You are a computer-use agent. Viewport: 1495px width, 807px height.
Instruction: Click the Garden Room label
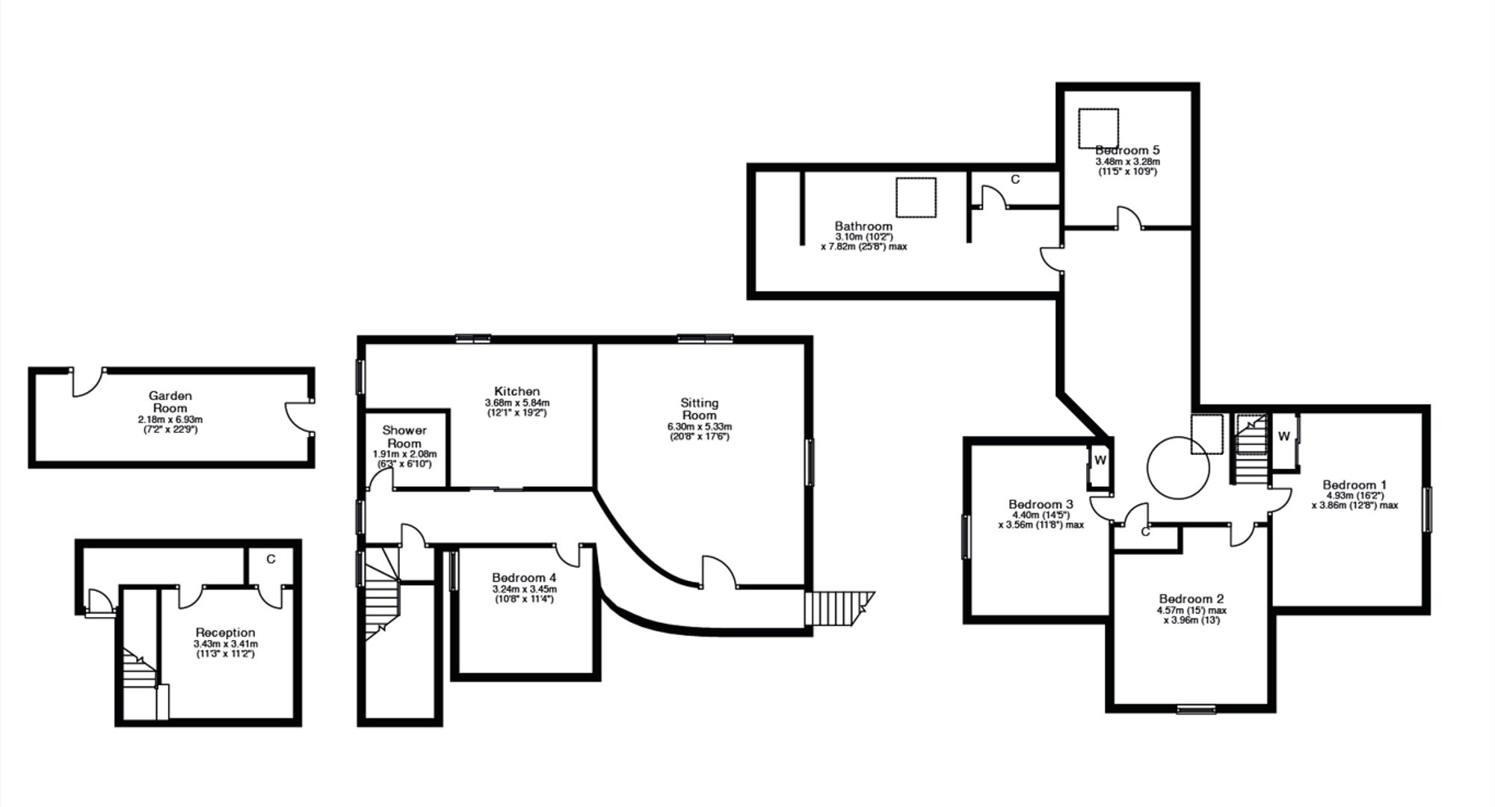[170, 402]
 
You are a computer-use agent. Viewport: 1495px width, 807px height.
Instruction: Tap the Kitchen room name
[517, 391]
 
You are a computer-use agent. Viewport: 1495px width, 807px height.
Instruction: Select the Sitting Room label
[700, 408]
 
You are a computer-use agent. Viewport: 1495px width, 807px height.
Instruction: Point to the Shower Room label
[404, 436]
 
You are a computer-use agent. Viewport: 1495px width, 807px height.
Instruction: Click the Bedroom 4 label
[524, 577]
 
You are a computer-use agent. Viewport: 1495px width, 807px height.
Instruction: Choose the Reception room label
[225, 633]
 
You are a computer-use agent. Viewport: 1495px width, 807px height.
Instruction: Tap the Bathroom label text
[863, 226]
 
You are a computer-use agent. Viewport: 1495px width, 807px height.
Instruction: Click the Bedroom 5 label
[1127, 150]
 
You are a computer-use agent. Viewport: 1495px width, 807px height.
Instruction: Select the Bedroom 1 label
[1354, 484]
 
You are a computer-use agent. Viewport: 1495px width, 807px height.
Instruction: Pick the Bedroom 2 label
[1192, 598]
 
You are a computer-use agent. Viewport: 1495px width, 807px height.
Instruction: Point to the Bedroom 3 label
[1041, 504]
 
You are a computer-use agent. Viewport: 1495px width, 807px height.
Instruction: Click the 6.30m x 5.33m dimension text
[700, 426]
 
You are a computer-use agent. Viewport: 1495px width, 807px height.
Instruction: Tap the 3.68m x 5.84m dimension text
[517, 402]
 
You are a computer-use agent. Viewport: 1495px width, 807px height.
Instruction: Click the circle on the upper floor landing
[1178, 438]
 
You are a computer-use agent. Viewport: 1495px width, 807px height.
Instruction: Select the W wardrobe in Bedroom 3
[1100, 461]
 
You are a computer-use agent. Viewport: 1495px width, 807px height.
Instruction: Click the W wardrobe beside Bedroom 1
[1283, 436]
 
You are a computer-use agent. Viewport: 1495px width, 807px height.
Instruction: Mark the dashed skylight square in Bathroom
[916, 197]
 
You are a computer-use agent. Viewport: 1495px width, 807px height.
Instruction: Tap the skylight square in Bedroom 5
[1098, 128]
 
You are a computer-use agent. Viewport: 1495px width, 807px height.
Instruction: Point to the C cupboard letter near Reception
[271, 559]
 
